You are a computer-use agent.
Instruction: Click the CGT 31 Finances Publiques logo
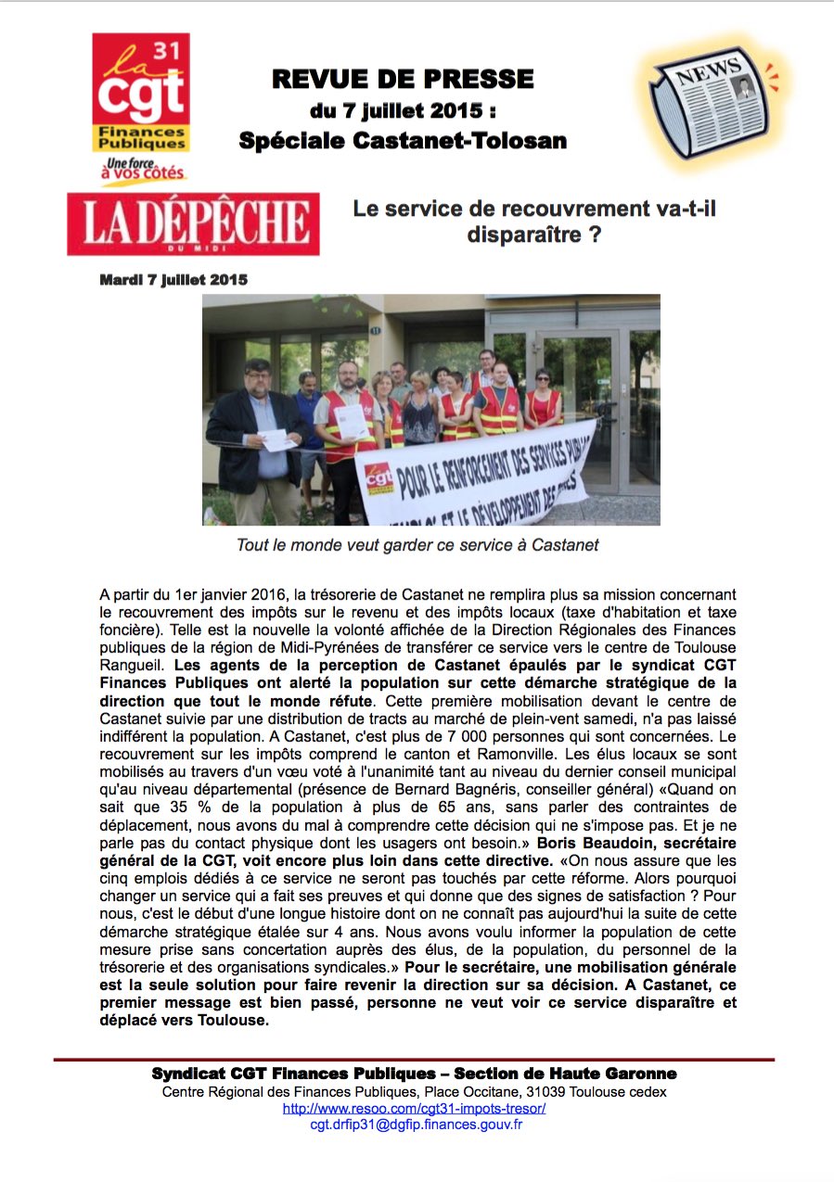pyautogui.click(x=140, y=93)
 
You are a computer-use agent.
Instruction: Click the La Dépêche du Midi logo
pyautogui.click(x=193, y=223)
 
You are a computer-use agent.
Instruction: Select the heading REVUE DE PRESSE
pyautogui.click(x=403, y=80)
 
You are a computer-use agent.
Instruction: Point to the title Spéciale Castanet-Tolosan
pyautogui.click(x=403, y=141)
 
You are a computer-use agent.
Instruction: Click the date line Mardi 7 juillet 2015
pyautogui.click(x=173, y=279)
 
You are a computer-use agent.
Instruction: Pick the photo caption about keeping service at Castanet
pyautogui.click(x=417, y=545)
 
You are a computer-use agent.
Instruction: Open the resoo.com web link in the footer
pyautogui.click(x=414, y=1108)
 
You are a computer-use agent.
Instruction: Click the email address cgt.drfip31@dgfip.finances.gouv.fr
pyautogui.click(x=417, y=1125)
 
